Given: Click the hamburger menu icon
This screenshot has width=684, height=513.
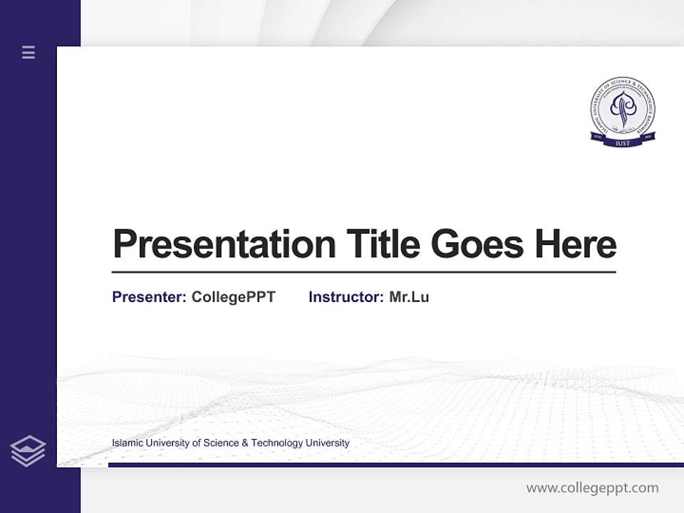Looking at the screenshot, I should [28, 52].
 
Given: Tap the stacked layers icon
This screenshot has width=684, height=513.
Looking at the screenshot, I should [28, 451].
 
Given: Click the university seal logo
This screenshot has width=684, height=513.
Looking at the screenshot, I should [623, 112].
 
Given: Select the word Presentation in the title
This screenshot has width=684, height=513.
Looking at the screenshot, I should [224, 244].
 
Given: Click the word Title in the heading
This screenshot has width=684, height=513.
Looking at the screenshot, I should [383, 244].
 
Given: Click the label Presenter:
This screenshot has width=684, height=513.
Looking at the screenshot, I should [149, 297].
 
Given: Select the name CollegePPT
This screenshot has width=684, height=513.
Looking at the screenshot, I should [233, 297].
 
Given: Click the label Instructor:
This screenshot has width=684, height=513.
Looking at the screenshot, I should [346, 297].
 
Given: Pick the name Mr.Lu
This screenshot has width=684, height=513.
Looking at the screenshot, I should [409, 297].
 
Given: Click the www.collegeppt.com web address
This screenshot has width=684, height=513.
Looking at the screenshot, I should [592, 488].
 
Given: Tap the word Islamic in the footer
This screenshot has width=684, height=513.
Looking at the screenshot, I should [127, 443].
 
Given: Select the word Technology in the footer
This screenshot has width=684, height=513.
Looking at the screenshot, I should [277, 443].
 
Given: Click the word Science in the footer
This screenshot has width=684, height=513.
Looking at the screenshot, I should [222, 443].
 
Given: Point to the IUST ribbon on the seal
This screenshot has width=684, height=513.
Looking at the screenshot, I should [623, 142].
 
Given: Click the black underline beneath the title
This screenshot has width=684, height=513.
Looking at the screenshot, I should [363, 272].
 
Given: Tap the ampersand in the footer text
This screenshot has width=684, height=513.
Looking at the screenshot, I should [245, 443].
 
